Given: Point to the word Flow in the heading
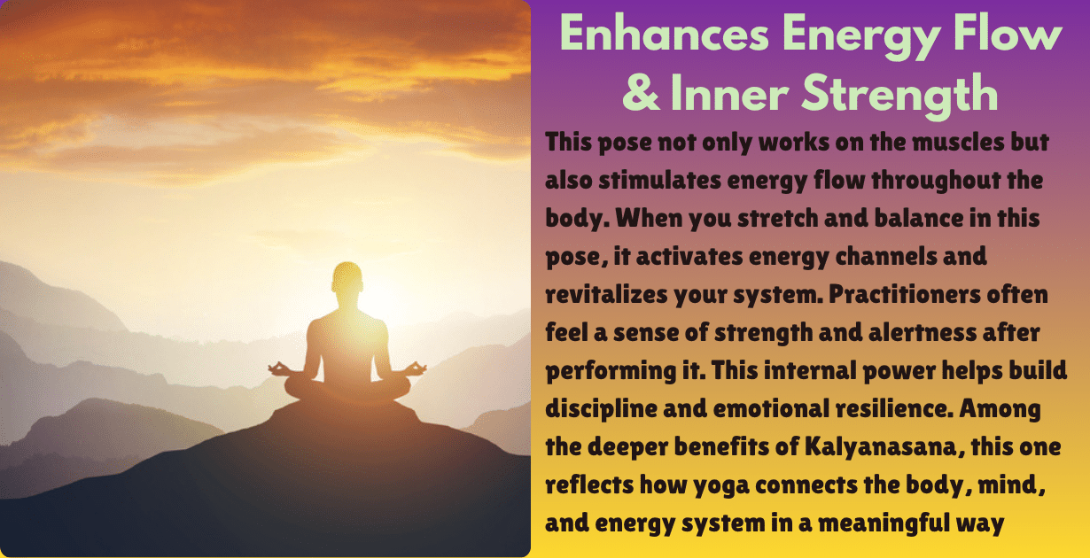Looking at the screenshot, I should click(x=1012, y=35).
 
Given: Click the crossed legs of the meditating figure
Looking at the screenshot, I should click(x=347, y=387).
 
